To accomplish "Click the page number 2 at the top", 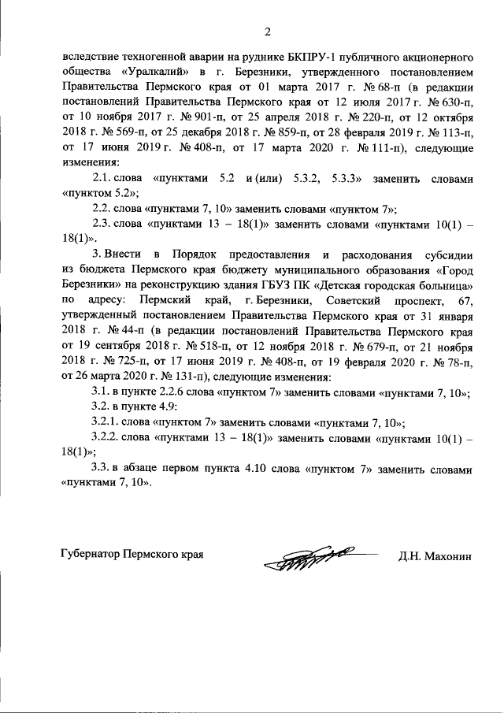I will [267, 32].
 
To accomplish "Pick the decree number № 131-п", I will [155, 375].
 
